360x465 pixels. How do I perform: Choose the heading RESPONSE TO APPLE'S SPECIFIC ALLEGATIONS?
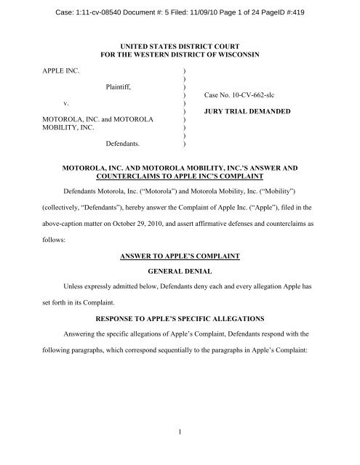(x=180, y=317)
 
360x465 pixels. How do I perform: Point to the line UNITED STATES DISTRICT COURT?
(x=180, y=45)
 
